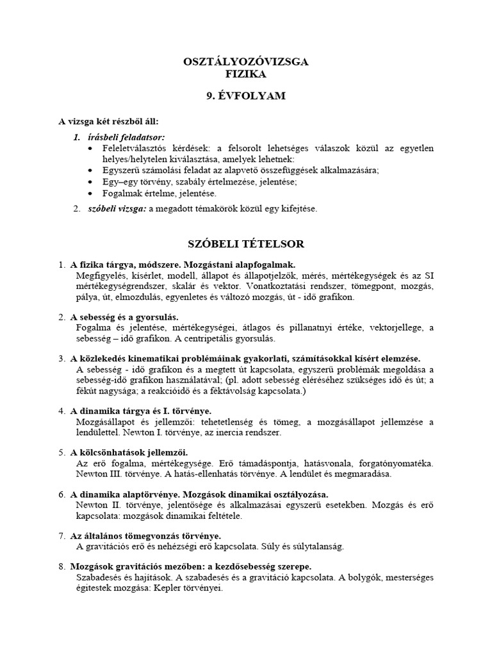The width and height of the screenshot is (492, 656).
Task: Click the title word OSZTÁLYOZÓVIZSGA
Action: [245, 62]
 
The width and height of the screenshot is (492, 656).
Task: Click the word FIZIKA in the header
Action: [245, 74]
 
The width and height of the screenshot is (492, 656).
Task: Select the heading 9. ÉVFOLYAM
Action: [245, 96]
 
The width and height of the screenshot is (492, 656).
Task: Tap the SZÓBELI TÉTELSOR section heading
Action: [245, 244]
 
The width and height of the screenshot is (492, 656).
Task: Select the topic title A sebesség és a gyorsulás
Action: [125, 317]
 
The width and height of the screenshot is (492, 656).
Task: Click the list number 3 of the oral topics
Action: [61, 359]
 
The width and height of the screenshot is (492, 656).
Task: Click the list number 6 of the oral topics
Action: [61, 495]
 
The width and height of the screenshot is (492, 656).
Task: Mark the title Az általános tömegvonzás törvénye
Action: [145, 536]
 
